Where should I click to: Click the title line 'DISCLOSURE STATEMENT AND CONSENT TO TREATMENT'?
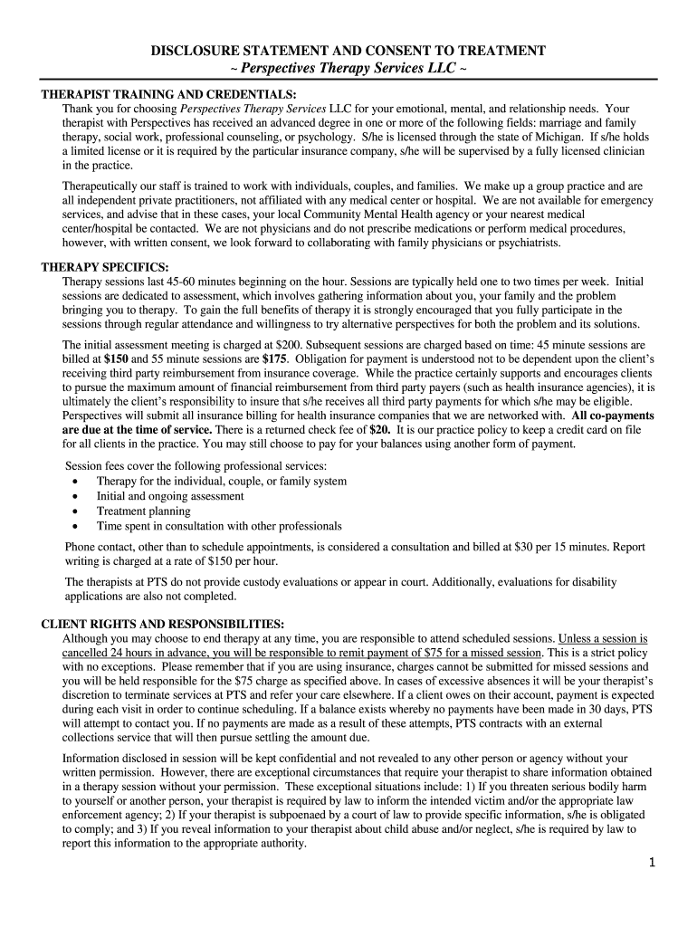click(348, 51)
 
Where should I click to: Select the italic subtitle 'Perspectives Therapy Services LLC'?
click(348, 69)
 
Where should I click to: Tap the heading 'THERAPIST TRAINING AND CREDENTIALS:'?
click(168, 94)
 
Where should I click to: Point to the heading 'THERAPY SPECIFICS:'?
click(105, 268)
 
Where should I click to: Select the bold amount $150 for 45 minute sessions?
click(116, 358)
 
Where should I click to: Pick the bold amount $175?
click(275, 358)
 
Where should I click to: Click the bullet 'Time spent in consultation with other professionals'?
click(219, 525)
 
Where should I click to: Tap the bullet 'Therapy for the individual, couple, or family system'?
click(222, 482)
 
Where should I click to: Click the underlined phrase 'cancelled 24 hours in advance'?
click(139, 653)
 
